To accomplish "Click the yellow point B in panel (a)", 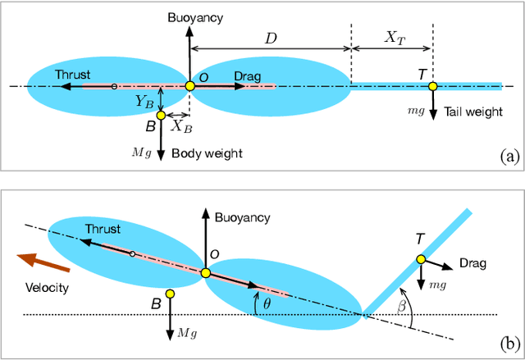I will coord(161,116).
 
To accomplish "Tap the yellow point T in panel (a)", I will coord(432,85).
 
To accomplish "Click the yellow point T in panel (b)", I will coord(419,259).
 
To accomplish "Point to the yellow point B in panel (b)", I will coord(170,294).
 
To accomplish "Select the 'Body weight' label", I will coord(208,153).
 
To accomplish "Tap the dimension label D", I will coord(270,38).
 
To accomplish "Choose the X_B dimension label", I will coord(181,126).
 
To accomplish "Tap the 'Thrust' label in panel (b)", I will coord(103,230).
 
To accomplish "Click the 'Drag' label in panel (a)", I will coord(247,76).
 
